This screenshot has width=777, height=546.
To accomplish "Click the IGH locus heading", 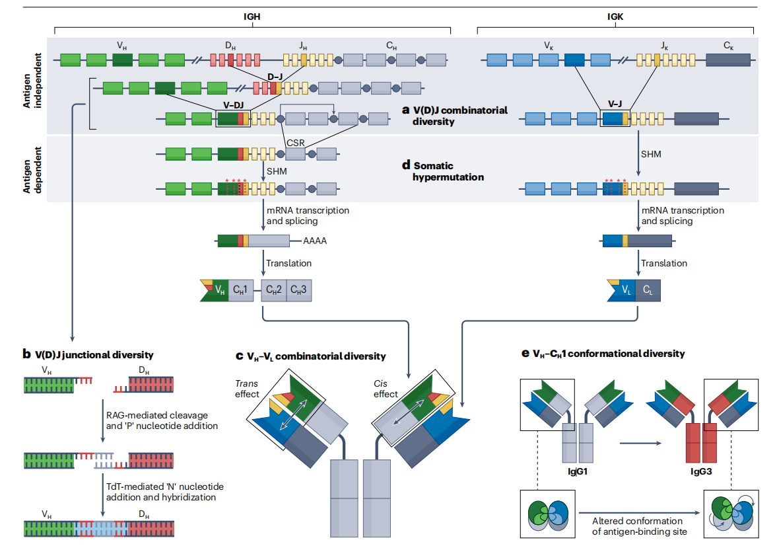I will click(251, 18).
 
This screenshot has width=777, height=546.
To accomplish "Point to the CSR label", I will click(296, 142).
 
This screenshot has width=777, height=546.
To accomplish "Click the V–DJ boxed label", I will click(232, 104).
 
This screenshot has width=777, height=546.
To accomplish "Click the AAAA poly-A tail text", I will click(315, 241).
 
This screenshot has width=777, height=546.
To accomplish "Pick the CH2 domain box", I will click(273, 290).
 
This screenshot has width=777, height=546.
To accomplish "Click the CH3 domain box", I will click(299, 290).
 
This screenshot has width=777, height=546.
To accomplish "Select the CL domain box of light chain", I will click(648, 290).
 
